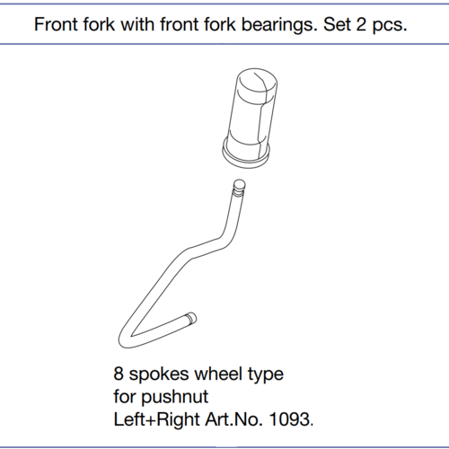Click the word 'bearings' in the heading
pos(279,25)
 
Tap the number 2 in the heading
pos(361,24)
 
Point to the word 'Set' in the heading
pos(337,24)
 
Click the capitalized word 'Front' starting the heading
pos(57,24)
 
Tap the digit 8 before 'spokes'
pos(119,374)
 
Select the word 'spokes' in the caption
pos(159,375)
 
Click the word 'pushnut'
pos(174,398)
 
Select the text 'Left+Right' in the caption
pos(156,420)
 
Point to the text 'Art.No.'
pos(234,419)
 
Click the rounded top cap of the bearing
pos(256,80)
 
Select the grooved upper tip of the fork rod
pos(239,188)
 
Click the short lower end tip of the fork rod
pos(190,319)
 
